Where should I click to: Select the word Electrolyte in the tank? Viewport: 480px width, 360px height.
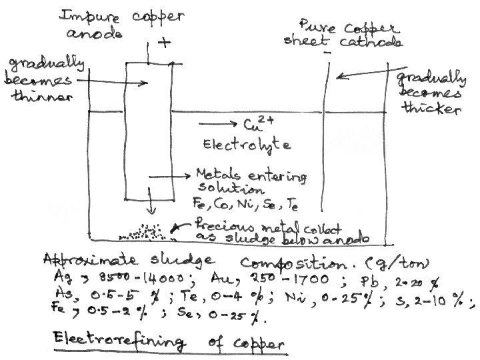(239, 144)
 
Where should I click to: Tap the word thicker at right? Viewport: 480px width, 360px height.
(433, 109)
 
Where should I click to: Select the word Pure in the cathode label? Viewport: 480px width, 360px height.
(314, 27)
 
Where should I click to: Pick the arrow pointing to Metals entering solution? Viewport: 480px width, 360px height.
(169, 177)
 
